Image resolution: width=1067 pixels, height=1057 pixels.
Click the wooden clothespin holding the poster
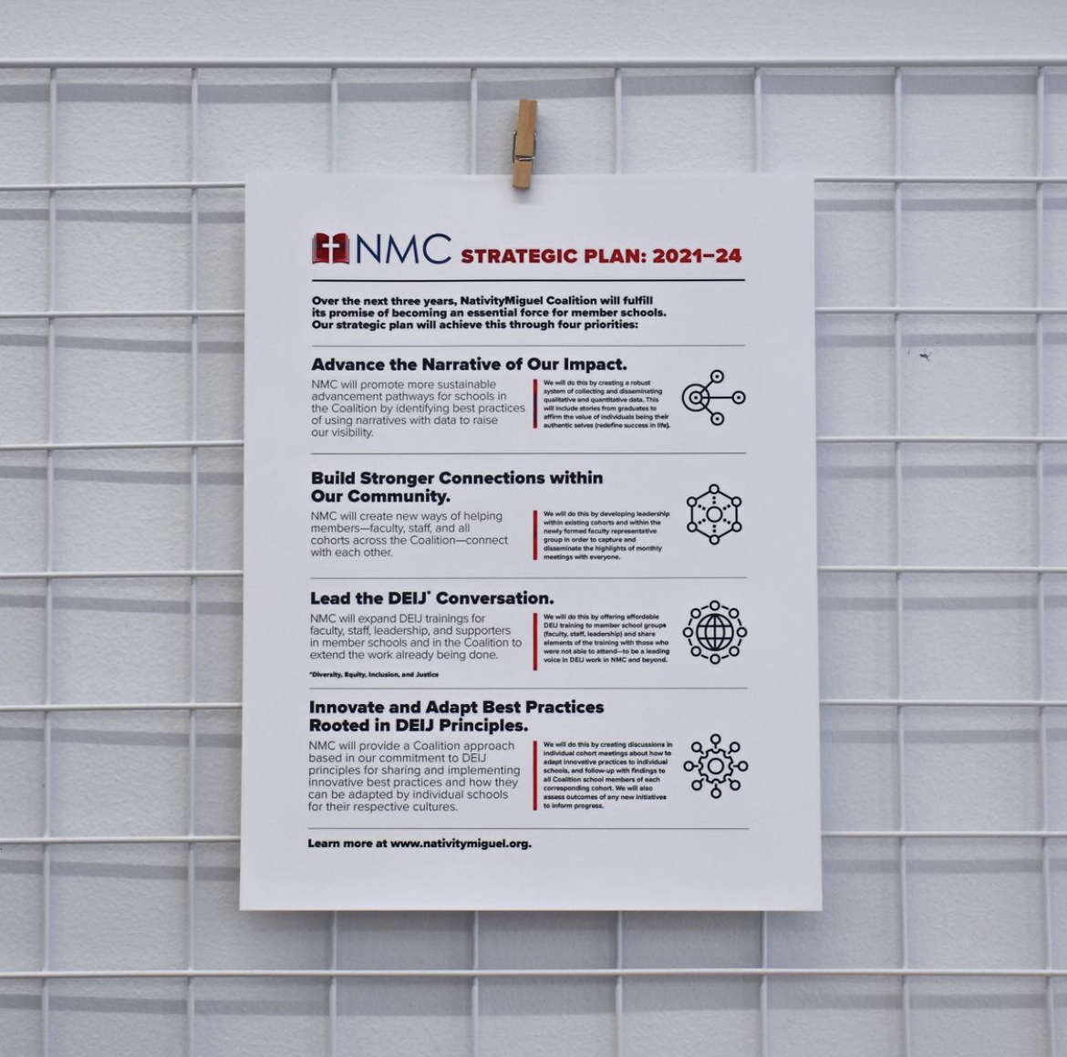point(524,144)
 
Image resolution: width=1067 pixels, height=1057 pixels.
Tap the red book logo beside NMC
point(331,248)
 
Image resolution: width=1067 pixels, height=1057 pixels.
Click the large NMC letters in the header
point(403,248)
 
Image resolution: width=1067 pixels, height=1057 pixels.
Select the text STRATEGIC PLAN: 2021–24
point(601,256)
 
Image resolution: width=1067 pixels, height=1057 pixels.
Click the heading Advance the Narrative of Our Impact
point(469,364)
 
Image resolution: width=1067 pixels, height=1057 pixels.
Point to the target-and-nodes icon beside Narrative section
point(714,398)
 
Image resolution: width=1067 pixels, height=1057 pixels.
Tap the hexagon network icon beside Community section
point(714,514)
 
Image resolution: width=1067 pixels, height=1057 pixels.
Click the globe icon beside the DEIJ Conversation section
point(714,632)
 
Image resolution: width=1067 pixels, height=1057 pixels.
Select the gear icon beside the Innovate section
point(715,766)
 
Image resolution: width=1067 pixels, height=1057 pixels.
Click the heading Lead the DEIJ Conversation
point(431,598)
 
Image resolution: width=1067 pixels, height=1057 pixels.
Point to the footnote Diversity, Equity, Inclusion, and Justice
point(374,675)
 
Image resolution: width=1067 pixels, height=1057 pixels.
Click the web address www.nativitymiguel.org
point(461,844)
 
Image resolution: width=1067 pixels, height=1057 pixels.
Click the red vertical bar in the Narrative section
point(535,404)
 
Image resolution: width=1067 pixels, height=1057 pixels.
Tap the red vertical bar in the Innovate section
point(534,775)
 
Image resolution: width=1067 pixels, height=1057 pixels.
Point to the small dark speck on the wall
point(924,355)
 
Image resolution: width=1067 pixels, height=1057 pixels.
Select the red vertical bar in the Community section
point(535,535)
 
